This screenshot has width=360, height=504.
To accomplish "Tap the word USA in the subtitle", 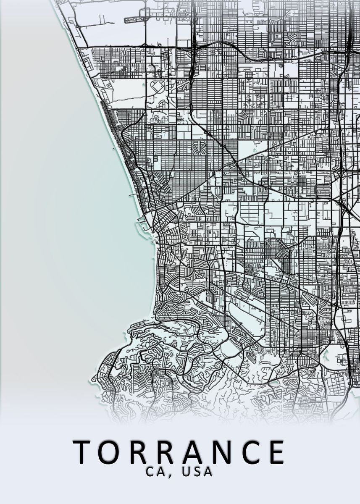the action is pos(197,472).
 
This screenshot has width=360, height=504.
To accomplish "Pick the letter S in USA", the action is pos(197,472).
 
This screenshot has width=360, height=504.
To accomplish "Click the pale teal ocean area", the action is pos(63,210).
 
